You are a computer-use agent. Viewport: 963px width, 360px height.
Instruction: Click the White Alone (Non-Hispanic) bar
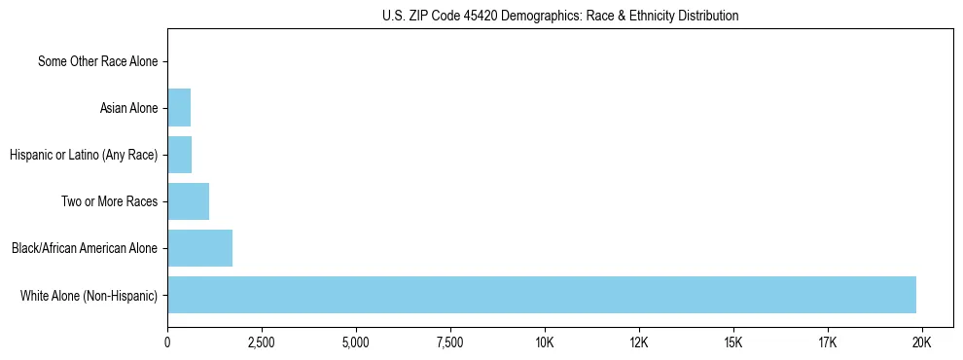tap(542, 295)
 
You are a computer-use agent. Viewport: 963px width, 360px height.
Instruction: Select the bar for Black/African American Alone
tap(199, 248)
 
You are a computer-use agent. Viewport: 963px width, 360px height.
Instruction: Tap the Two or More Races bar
tap(188, 201)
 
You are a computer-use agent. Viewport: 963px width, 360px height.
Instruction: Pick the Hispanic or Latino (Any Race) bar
tap(179, 155)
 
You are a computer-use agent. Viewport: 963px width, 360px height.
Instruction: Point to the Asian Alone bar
tap(179, 108)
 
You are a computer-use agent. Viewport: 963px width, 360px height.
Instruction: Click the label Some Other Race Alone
tap(97, 61)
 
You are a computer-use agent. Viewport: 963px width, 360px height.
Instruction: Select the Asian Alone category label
tap(128, 108)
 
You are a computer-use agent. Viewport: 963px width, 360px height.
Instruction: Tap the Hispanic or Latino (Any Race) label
tap(83, 155)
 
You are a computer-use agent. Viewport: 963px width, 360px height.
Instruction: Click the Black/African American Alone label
tap(85, 248)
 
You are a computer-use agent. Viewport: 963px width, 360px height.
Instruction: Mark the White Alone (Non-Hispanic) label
tap(89, 295)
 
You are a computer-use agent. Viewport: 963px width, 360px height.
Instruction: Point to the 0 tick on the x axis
tap(167, 342)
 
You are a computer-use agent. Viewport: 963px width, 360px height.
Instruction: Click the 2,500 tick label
tap(262, 342)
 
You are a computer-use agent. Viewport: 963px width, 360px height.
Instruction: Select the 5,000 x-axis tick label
tap(356, 342)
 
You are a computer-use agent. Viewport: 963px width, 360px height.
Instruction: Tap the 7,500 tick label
tap(450, 342)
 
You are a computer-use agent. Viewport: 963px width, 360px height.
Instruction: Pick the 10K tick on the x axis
tap(545, 342)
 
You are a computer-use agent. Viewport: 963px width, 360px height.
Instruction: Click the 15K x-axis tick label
tap(733, 342)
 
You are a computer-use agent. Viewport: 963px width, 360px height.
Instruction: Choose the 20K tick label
tap(922, 342)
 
